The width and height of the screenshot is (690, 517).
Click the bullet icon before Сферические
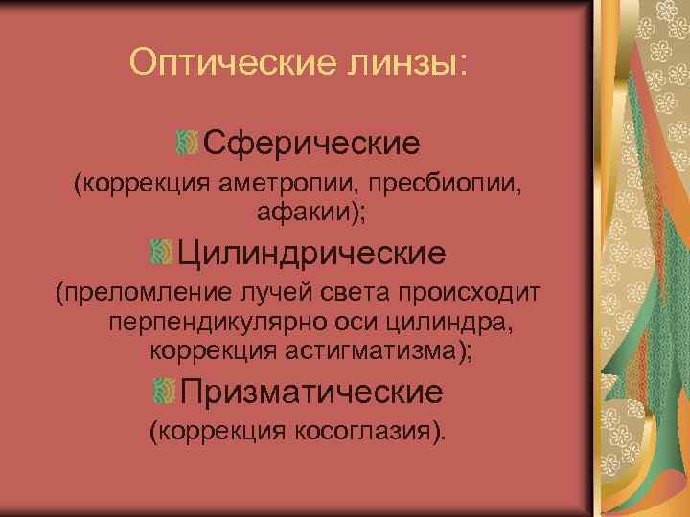point(187,145)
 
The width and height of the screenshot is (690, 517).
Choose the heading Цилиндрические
point(312,254)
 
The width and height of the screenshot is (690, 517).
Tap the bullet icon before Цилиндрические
point(161,254)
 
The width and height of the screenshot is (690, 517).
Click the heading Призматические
point(311,392)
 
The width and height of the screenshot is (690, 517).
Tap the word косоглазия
point(363,431)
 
